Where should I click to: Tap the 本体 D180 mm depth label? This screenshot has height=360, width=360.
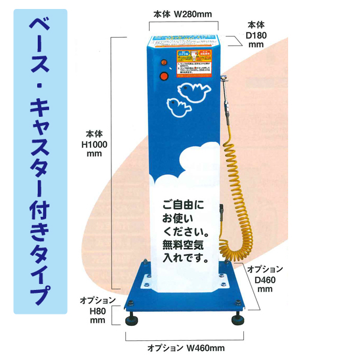(x=256, y=34)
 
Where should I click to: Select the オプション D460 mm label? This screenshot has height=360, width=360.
(x=265, y=279)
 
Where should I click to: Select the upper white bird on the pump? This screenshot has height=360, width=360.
(x=195, y=90)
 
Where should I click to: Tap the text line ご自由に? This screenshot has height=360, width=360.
(x=182, y=205)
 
